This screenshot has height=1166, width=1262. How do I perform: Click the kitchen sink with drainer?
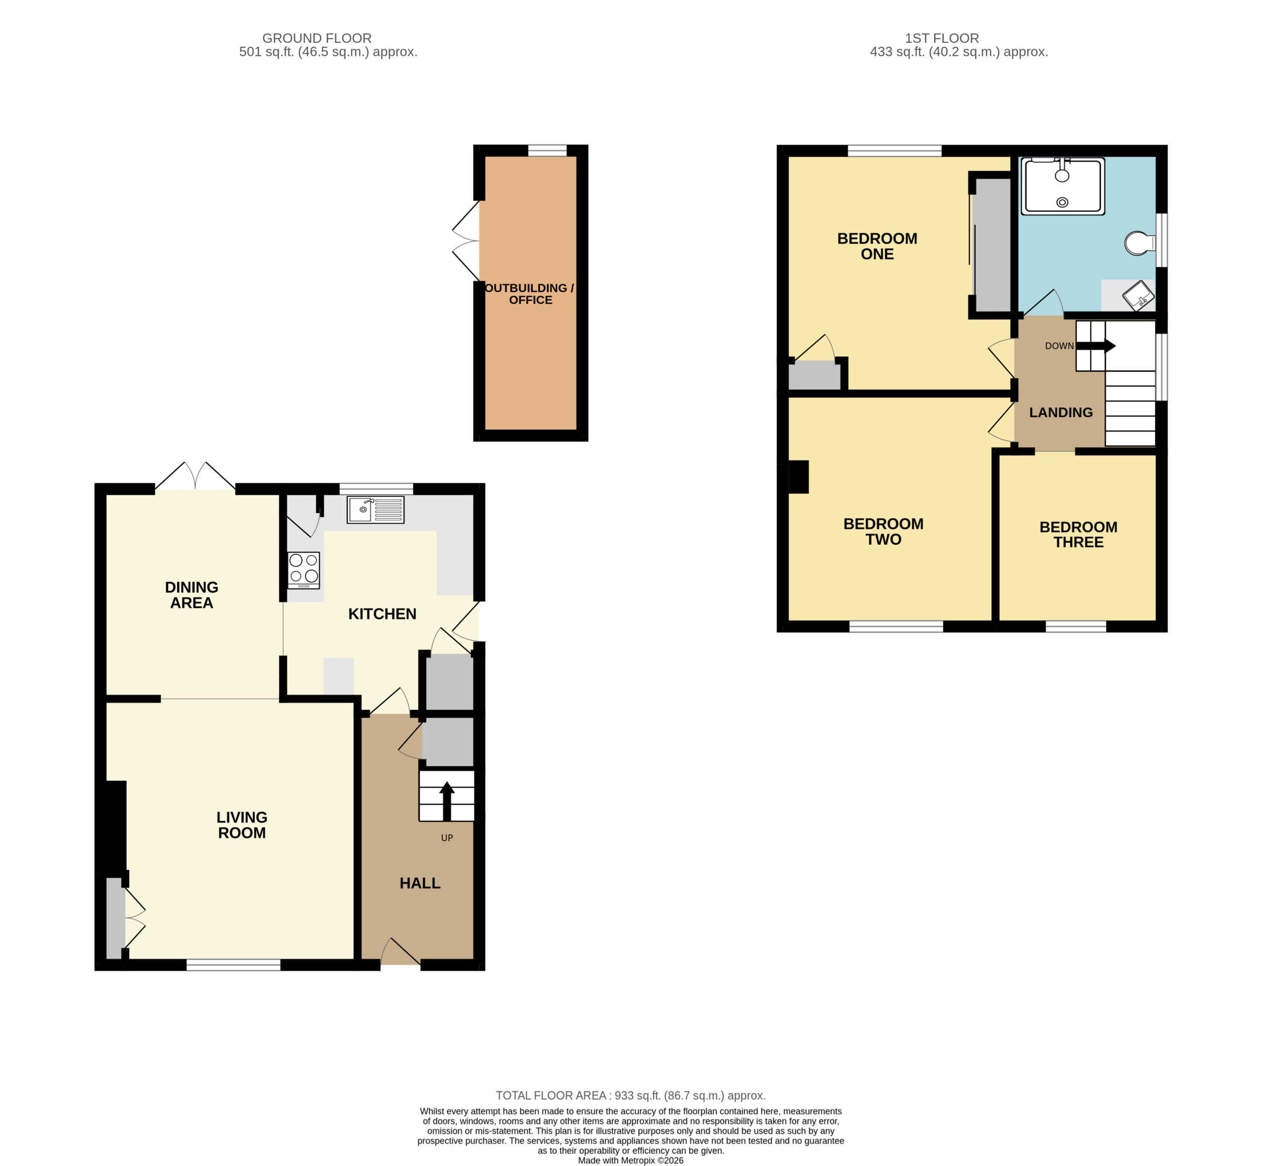click(376, 510)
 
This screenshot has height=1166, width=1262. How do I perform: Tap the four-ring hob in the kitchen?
click(304, 570)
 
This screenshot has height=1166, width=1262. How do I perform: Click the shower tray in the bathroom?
click(1063, 186)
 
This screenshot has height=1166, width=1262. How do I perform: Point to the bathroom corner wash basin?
click(1138, 295)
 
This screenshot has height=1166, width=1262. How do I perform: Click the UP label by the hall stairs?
click(447, 838)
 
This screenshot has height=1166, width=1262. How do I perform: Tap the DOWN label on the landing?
click(1059, 346)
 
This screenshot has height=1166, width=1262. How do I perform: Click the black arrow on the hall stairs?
click(447, 801)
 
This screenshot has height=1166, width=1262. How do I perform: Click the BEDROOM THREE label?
click(1079, 534)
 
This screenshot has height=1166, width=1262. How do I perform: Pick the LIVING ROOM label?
click(242, 824)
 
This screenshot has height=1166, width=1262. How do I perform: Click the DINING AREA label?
click(191, 595)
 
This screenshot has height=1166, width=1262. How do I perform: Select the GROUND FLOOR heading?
click(317, 38)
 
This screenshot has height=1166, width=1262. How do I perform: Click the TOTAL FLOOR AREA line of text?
click(631, 1096)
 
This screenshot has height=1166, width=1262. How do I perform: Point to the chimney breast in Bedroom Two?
click(798, 477)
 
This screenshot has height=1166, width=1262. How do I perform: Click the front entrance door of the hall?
click(401, 951)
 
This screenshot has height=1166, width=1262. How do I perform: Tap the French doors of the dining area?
click(195, 476)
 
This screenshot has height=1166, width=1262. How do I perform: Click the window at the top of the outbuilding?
click(547, 150)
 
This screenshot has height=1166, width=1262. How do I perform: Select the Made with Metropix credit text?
click(631, 1160)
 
